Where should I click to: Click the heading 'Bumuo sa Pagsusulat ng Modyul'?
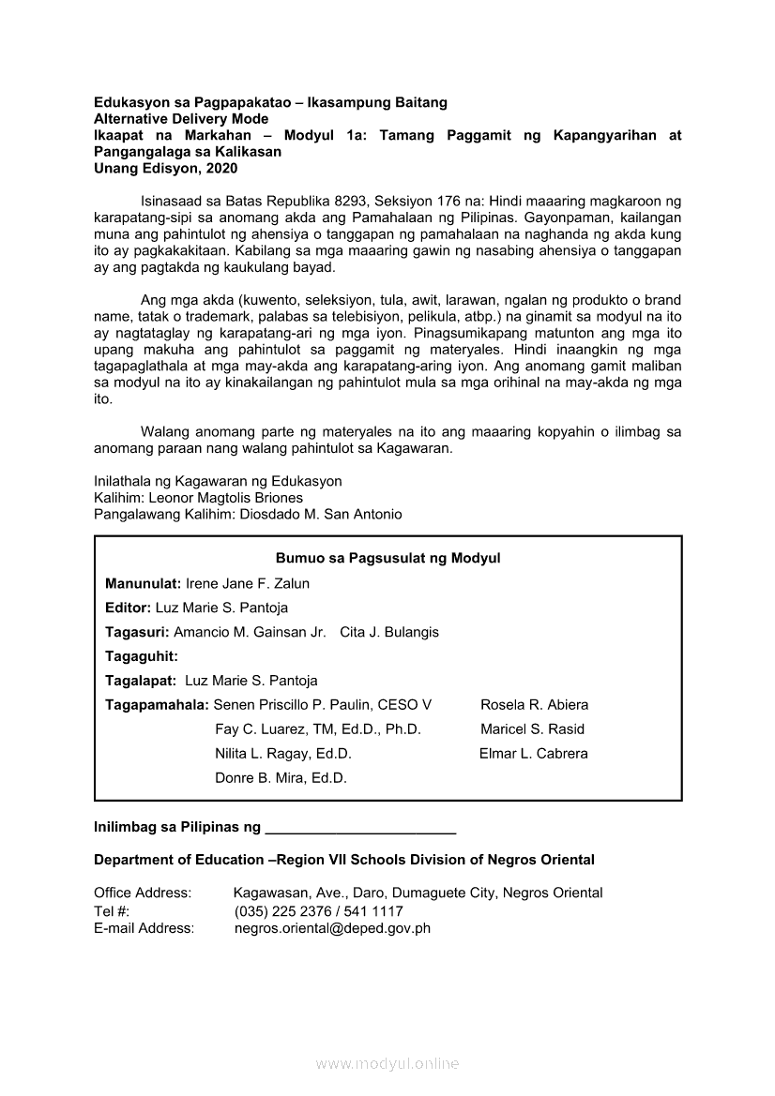387,559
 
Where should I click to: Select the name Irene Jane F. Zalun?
248,583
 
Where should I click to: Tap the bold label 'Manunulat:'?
144,583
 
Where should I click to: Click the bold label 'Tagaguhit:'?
142,656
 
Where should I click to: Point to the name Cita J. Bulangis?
389,632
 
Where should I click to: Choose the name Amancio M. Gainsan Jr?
250,632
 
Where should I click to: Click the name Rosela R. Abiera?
535,705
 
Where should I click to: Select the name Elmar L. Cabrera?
534,754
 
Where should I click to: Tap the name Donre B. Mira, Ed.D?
281,778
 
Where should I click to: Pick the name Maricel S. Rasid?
532,729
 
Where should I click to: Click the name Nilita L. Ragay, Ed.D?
283,754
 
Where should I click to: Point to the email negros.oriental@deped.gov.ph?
332,928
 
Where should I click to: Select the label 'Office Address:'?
143,893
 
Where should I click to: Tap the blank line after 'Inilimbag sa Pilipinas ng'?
361,829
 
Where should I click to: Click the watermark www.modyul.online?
387,1064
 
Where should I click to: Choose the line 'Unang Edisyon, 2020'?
166,169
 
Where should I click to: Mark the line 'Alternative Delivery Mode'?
181,119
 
